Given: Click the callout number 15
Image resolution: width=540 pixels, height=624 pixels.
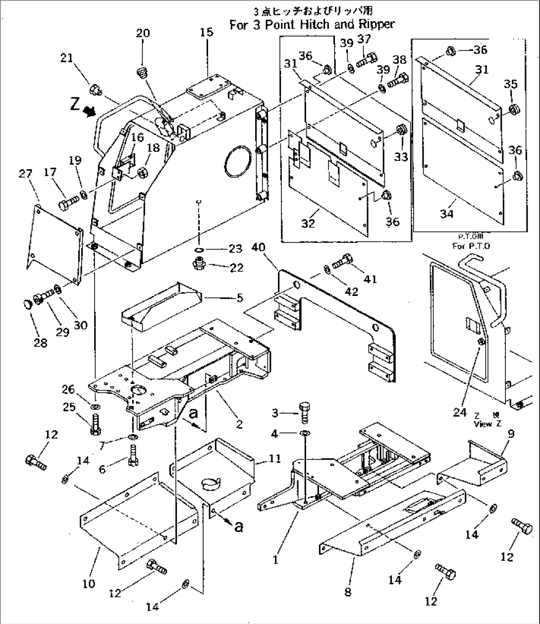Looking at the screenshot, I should pyautogui.click(x=207, y=32).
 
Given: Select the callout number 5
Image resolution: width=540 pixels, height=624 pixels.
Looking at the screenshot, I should pyautogui.click(x=240, y=298).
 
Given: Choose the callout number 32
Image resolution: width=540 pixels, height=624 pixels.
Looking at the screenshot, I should pyautogui.click(x=308, y=223).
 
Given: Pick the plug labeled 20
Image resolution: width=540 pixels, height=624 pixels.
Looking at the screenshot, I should pyautogui.click(x=143, y=74).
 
